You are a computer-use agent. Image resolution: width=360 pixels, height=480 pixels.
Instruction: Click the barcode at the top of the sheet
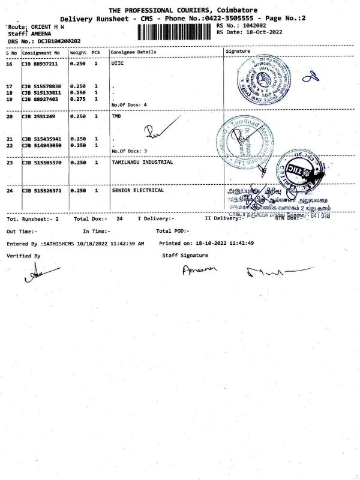tap(175, 31)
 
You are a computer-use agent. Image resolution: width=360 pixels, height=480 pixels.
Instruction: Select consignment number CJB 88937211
tap(41, 64)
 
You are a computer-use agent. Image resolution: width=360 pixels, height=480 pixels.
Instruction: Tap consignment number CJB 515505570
tap(43, 163)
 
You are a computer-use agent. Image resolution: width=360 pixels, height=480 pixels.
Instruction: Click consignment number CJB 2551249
tap(37, 116)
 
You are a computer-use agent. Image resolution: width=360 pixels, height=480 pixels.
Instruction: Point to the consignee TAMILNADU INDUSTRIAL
tap(142, 162)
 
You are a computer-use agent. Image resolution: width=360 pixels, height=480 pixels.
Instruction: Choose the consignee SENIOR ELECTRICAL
tap(138, 190)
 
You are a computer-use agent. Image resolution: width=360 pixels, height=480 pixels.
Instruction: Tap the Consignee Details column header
tap(134, 52)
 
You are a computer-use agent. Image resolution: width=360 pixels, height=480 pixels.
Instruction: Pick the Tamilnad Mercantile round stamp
tap(242, 142)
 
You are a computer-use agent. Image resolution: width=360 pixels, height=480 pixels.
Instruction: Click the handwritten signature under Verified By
tap(34, 274)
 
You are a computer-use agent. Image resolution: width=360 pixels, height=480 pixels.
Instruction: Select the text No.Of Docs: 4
tap(129, 105)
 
